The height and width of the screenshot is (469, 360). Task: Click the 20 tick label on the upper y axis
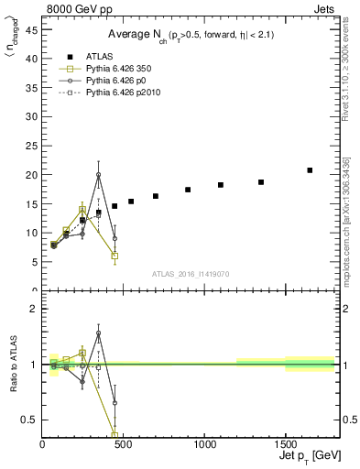[30, 174]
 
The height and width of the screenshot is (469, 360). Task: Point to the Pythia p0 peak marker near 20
[98, 174]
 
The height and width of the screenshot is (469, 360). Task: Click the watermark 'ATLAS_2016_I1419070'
[191, 273]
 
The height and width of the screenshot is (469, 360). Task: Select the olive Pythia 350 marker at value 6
[115, 256]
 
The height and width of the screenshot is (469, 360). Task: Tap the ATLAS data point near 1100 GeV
[220, 185]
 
